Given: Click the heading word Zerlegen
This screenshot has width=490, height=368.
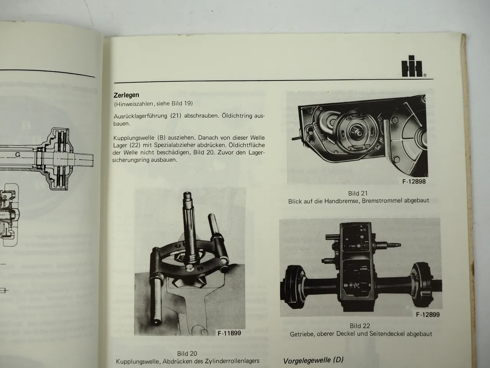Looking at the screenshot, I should pyautogui.click(x=126, y=95).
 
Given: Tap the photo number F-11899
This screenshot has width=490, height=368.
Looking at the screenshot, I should pyautogui.click(x=229, y=333).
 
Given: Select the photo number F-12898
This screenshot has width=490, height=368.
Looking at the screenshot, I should pyautogui.click(x=414, y=181).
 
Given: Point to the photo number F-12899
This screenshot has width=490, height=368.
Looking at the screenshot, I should pyautogui.click(x=428, y=315).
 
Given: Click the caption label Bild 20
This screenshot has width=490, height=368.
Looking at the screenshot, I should pyautogui.click(x=187, y=353).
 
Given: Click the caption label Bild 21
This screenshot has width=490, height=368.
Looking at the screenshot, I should pyautogui.click(x=358, y=193).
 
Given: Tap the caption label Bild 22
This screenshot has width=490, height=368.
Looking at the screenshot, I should pyautogui.click(x=360, y=326).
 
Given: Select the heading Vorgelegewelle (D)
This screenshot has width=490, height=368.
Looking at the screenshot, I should pyautogui.click(x=314, y=360).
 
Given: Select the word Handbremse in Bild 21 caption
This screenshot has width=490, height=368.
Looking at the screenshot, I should pyautogui.click(x=340, y=201).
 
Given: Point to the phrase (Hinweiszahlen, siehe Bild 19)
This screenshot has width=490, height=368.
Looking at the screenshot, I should pyautogui.click(x=153, y=103).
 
